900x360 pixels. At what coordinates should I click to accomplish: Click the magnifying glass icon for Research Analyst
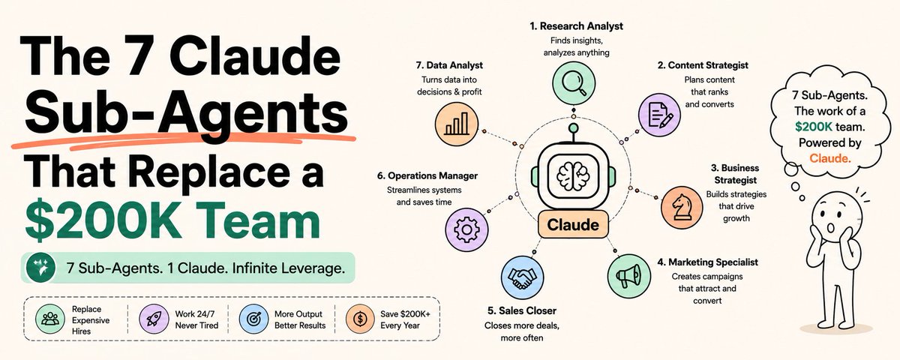(x=574, y=83)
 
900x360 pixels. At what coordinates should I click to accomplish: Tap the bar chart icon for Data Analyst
(x=457, y=123)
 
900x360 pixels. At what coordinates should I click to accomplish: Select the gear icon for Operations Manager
(x=466, y=229)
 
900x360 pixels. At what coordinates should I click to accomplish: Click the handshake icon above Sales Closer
(x=522, y=277)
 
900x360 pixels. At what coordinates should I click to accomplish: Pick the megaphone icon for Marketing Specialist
(x=628, y=276)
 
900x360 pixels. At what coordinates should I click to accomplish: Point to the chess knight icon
(x=682, y=207)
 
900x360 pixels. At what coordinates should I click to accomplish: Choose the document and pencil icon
(x=660, y=115)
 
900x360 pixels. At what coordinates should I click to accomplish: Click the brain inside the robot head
(x=573, y=176)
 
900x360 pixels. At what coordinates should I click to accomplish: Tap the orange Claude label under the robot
(x=573, y=224)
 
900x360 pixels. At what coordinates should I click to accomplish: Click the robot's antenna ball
(x=574, y=128)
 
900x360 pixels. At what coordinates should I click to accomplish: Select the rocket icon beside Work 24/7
(x=154, y=319)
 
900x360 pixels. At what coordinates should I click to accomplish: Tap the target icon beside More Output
(x=253, y=319)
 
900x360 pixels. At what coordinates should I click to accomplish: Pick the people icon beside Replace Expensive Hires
(x=50, y=319)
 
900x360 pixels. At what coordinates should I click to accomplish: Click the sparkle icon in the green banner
(x=40, y=268)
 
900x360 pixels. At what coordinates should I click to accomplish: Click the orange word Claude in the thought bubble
(x=830, y=158)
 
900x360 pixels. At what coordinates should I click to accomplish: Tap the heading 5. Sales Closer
(x=522, y=310)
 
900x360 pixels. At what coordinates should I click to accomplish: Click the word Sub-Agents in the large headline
(x=187, y=112)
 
